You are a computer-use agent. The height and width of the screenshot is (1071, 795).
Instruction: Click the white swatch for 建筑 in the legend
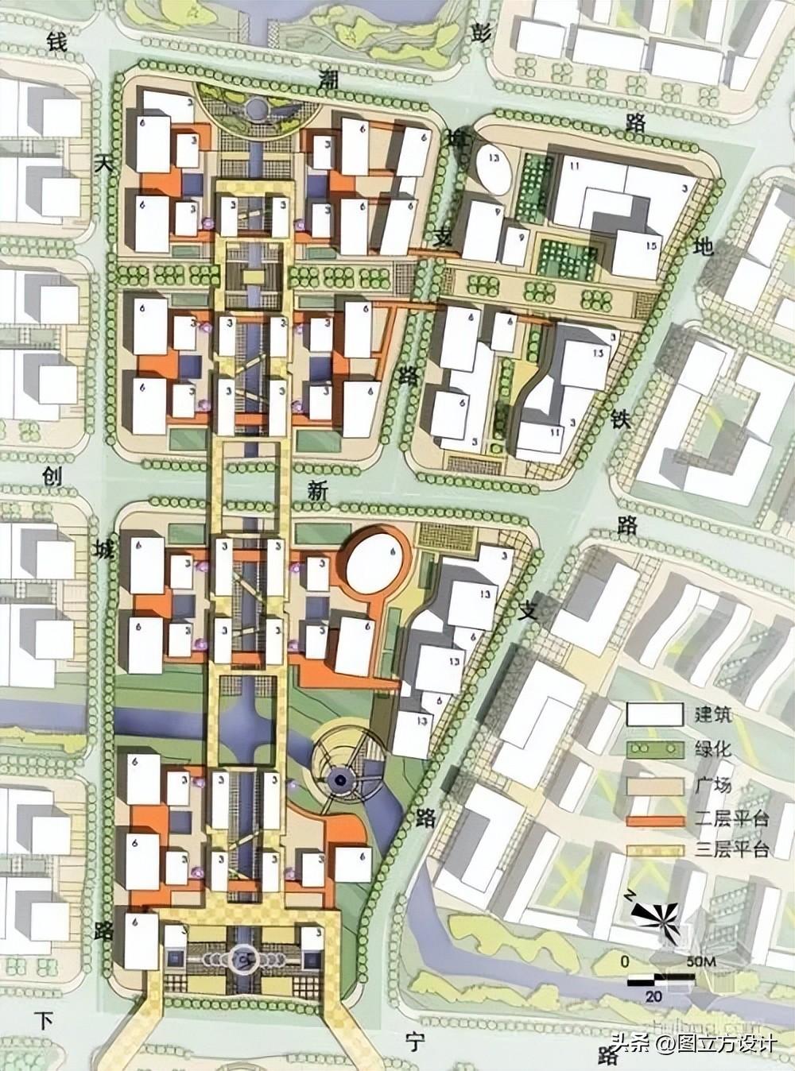click(x=653, y=713)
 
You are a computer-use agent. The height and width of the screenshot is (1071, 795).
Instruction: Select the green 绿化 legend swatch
click(x=653, y=749)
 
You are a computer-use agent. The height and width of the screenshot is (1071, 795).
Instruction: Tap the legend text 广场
click(x=708, y=786)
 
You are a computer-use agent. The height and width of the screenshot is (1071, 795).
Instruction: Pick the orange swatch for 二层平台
click(x=653, y=821)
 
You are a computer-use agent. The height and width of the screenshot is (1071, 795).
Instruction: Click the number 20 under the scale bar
click(x=653, y=996)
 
